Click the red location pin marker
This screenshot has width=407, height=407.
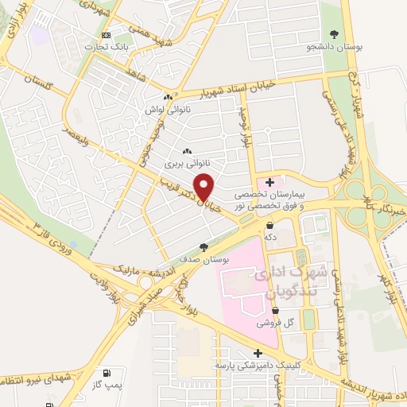205,187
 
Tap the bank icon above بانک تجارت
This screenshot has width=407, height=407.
106,36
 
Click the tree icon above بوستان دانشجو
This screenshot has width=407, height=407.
334,33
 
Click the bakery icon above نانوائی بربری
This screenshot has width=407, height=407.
187,151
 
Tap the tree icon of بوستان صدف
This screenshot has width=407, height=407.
204,247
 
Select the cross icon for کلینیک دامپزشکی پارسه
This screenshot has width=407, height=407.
257,353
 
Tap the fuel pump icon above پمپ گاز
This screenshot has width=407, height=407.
105,372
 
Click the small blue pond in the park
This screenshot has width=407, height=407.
74,243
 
